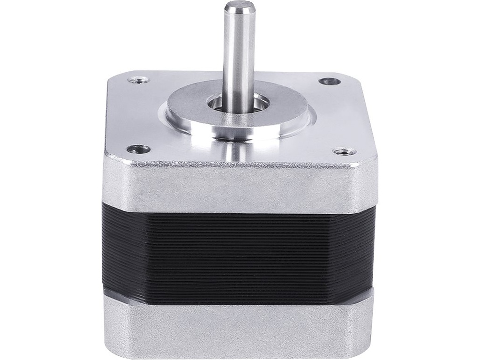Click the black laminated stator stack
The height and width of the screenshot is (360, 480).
point(239,248)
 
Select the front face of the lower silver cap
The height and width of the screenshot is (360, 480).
point(239,328)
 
